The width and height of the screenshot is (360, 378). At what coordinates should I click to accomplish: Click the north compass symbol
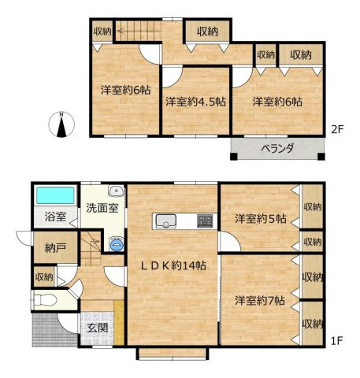pos(61,124)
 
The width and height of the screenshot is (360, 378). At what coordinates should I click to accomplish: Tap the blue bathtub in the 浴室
pos(55,195)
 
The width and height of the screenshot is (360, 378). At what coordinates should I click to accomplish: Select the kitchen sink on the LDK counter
pos(166,221)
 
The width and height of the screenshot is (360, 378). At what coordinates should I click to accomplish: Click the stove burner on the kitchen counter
pos(205,221)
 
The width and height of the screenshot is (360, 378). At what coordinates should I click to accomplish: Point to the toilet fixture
pos(44,300)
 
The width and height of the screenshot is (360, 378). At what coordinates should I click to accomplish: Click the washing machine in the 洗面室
pos(117,245)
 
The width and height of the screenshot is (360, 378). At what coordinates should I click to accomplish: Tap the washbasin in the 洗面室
pos(117,191)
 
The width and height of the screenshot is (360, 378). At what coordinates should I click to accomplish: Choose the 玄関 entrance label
pos(98,328)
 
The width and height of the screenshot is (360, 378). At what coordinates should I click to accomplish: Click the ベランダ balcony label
pos(277,149)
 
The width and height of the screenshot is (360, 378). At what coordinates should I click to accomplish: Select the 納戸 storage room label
pos(55,247)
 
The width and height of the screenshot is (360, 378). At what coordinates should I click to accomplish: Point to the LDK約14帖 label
pos(173,266)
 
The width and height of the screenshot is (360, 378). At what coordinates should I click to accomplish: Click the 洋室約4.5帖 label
pos(195,102)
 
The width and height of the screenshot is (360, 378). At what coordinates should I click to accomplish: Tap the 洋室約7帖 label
pos(260,300)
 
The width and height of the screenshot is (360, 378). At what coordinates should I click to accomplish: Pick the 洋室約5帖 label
pos(261,218)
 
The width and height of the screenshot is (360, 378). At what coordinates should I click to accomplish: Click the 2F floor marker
pos(337,129)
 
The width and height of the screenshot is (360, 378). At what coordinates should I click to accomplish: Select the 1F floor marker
pos(336,341)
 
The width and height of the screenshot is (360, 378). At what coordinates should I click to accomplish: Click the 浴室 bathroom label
pos(55,217)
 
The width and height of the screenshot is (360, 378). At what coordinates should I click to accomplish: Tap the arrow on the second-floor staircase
pos(139,31)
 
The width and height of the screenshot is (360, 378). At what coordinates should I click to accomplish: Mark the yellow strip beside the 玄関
pos(119,322)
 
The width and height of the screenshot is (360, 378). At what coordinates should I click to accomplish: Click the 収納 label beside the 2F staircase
pos(102,31)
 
